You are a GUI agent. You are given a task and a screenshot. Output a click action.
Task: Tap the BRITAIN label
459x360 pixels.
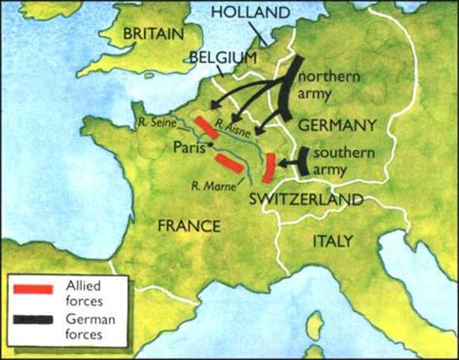[153, 34]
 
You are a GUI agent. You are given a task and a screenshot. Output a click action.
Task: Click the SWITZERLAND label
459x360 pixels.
[306, 199]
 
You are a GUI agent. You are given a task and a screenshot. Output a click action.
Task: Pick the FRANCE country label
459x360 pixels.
[190, 226]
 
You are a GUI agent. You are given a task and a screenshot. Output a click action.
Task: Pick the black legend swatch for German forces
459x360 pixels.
[32, 320]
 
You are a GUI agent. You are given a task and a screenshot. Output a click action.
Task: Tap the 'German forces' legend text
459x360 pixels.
[88, 327]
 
